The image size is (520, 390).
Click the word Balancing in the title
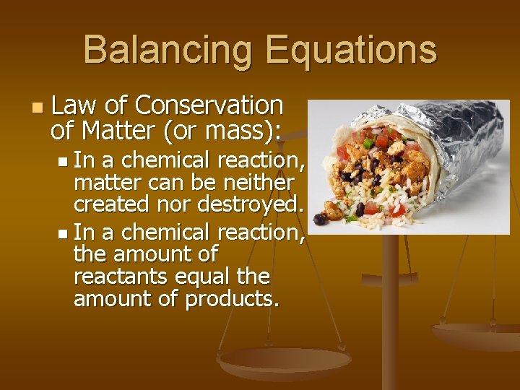coord(168,51)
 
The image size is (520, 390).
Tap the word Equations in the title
coord(350,51)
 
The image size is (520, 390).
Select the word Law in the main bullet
coord(76,106)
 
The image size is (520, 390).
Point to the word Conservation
coord(209,106)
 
